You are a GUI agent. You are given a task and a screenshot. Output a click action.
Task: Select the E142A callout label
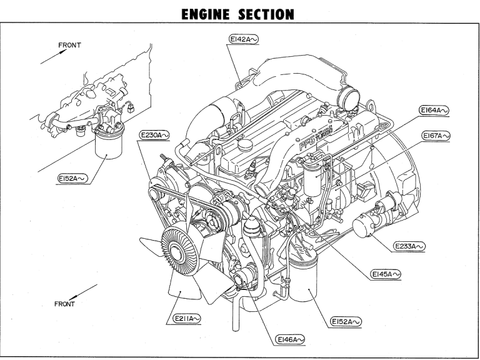point(244,39)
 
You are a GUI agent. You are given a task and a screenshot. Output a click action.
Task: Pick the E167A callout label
point(434,136)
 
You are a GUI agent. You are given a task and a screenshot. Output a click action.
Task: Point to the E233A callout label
point(410,247)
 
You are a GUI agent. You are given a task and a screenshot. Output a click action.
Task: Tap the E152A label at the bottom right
point(346,322)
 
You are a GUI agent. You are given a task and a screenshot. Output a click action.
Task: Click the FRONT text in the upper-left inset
point(69,45)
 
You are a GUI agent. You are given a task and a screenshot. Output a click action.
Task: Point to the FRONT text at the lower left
point(64,304)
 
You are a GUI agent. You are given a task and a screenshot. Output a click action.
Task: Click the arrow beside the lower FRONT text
point(84,291)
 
